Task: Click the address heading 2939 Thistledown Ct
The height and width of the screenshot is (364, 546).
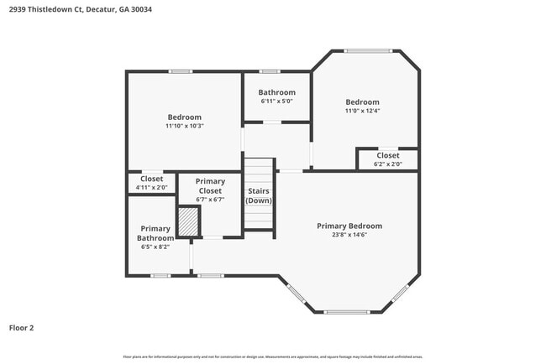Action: click(x=71, y=9)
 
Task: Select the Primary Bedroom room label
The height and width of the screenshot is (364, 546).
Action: click(x=349, y=226)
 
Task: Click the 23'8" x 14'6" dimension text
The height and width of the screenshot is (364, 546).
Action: click(x=349, y=235)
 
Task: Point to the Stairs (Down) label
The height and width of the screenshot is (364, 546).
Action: click(x=259, y=196)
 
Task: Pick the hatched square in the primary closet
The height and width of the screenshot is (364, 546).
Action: click(x=188, y=221)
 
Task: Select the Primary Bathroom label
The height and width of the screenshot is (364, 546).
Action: click(x=155, y=233)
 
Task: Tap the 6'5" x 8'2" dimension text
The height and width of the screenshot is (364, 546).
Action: click(x=155, y=247)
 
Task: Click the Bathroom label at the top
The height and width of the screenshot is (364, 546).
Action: click(x=276, y=92)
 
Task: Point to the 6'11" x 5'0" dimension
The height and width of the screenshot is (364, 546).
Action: click(x=276, y=101)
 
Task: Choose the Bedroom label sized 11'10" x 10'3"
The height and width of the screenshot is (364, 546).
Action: click(x=184, y=117)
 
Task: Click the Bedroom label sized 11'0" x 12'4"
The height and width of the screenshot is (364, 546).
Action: click(x=362, y=101)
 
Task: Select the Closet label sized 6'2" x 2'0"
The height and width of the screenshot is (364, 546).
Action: click(x=387, y=155)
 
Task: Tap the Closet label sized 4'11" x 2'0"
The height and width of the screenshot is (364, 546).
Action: click(x=152, y=179)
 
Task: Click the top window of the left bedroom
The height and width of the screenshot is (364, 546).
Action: click(x=180, y=71)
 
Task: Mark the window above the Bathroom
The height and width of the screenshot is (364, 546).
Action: click(x=269, y=71)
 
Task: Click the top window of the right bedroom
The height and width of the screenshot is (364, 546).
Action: click(x=368, y=50)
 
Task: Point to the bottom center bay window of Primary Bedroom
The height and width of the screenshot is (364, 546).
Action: click(x=346, y=312)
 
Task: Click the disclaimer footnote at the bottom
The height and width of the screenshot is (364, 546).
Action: click(x=272, y=356)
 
